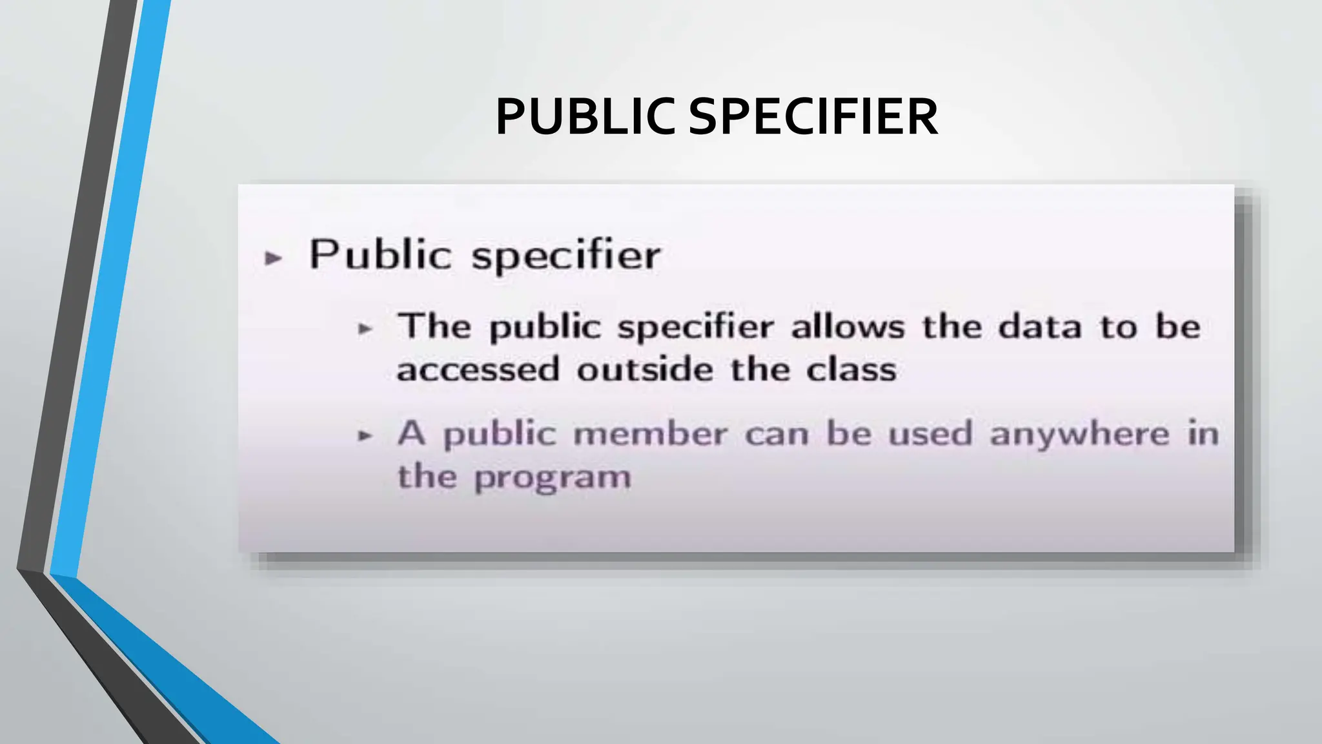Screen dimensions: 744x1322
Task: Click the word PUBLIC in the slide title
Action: (x=585, y=117)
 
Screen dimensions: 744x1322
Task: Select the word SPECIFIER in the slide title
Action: (x=813, y=117)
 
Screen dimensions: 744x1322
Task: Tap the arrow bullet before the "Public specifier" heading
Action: (x=274, y=258)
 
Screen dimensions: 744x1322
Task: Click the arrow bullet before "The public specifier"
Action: (x=365, y=329)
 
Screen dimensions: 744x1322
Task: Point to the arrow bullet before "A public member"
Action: (x=365, y=436)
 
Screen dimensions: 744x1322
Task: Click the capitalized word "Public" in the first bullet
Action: (x=380, y=254)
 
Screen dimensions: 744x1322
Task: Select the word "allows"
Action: (x=848, y=326)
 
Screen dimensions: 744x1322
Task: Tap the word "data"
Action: (x=1039, y=326)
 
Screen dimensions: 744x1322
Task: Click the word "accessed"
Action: (x=478, y=370)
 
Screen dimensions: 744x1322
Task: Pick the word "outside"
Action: (x=645, y=370)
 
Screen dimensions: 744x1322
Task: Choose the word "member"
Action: (x=650, y=433)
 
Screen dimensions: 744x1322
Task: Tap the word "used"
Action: (x=930, y=433)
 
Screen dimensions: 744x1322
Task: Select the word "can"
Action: (x=777, y=434)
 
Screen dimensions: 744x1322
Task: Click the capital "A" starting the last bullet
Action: (x=411, y=433)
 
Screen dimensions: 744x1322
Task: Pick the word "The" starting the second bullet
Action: (x=434, y=325)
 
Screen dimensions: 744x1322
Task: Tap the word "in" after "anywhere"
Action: (x=1203, y=433)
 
